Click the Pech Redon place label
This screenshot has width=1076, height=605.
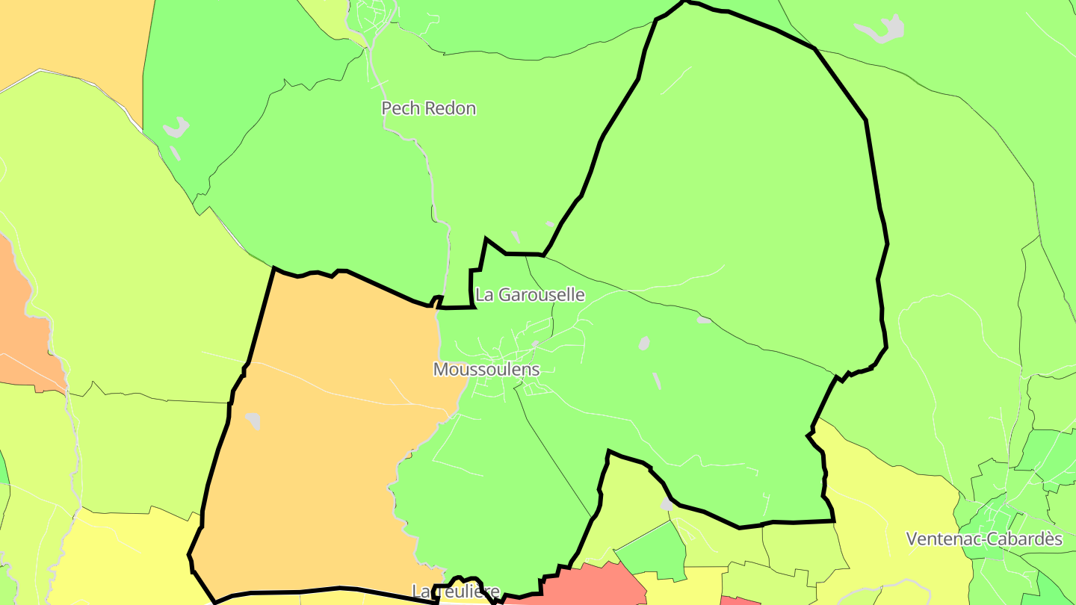pyautogui.click(x=428, y=108)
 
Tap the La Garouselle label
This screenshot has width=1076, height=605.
pyautogui.click(x=530, y=295)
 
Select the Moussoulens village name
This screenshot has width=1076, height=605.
pyautogui.click(x=486, y=370)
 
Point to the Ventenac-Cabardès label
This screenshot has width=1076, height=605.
pyautogui.click(x=984, y=539)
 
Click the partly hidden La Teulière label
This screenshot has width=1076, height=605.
pyautogui.click(x=455, y=592)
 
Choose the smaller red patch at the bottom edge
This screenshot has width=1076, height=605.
pyautogui.click(x=738, y=601)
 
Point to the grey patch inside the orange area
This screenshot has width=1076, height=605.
pyautogui.click(x=253, y=421)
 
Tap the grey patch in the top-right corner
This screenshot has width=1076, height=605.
pyautogui.click(x=882, y=30)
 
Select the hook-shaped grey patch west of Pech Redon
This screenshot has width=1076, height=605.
pyautogui.click(x=176, y=128)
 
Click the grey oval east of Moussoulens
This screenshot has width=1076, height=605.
pyautogui.click(x=644, y=343)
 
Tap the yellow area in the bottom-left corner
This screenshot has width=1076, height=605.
pyautogui.click(x=127, y=560)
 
